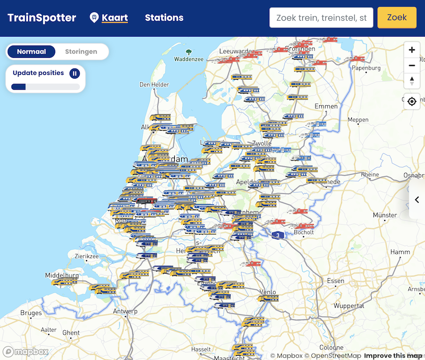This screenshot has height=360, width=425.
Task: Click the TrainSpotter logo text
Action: (41, 18)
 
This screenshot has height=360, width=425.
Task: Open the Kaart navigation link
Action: (115, 18)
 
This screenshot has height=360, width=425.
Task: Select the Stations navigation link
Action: (164, 18)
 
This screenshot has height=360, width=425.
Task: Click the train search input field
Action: (321, 18)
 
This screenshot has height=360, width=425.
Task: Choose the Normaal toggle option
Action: (31, 52)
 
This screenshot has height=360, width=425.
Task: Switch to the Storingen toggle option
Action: (81, 52)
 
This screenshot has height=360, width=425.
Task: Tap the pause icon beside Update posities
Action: (75, 73)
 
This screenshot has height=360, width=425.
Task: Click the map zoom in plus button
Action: (412, 50)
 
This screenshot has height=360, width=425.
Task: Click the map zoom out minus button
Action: (412, 66)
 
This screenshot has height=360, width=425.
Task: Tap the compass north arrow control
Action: (412, 81)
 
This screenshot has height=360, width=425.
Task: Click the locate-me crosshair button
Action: (412, 101)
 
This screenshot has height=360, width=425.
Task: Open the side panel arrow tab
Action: (417, 200)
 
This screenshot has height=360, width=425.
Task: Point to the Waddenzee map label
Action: (188, 59)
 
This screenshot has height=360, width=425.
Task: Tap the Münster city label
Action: (385, 215)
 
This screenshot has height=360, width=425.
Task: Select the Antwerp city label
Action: (125, 311)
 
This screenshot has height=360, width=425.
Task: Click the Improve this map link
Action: (393, 356)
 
